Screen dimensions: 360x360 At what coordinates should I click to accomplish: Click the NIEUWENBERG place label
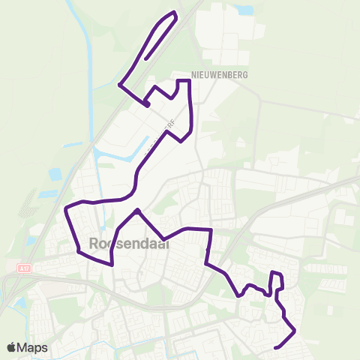[219, 75]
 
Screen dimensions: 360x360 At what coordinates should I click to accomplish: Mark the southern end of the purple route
[277, 347]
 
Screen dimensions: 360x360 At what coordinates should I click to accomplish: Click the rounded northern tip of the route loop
[175, 13]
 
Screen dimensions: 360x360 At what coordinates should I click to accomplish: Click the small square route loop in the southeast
[276, 280]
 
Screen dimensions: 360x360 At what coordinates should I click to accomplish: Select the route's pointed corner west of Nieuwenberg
[120, 84]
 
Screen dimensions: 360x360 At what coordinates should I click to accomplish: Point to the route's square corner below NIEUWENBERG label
[188, 80]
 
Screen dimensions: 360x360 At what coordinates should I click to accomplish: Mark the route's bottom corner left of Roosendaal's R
[78, 251]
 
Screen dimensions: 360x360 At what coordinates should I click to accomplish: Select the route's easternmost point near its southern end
[295, 331]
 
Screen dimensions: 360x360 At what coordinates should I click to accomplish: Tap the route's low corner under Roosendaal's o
[111, 264]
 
